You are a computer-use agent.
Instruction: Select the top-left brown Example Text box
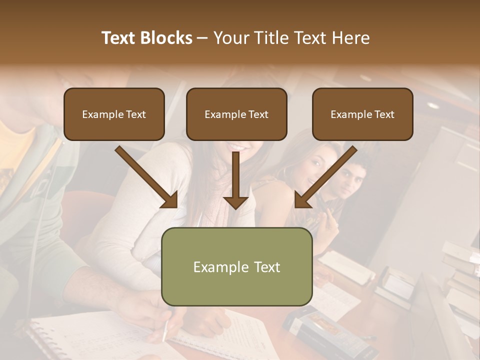114,114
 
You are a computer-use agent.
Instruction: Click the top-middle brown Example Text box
236,114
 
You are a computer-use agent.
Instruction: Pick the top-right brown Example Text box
362,114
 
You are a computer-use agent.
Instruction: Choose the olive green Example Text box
237,266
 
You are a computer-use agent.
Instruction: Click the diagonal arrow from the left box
147,177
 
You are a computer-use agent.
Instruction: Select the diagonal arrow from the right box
325,177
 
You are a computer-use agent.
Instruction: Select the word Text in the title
119,38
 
